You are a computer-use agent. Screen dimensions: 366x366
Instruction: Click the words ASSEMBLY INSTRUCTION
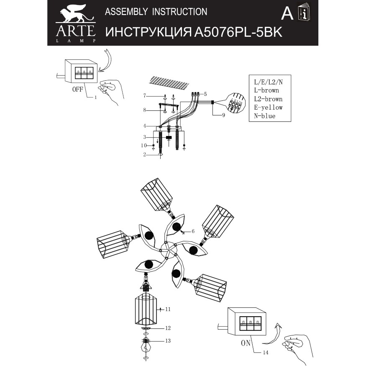[x=156, y=12]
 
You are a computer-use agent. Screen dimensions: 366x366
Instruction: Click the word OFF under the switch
[x=78, y=89]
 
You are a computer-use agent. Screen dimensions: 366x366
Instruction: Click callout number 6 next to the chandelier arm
[x=194, y=231]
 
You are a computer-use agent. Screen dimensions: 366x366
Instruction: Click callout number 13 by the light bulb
[x=168, y=341]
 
